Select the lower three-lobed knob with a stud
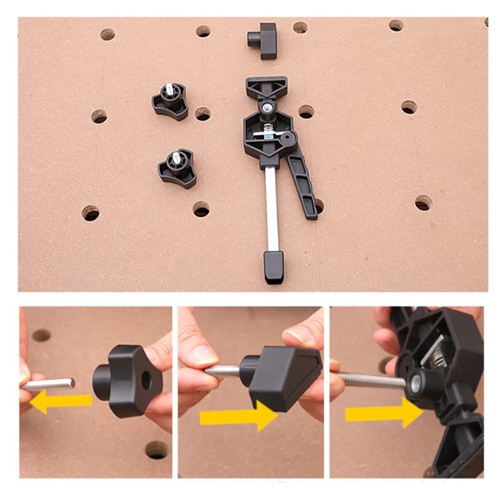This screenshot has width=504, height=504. [177, 168]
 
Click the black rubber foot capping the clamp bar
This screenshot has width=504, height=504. [273, 266]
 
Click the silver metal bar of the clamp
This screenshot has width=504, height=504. [272, 208]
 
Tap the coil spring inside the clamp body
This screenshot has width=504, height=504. [268, 133]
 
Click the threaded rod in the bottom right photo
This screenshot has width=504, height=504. [372, 380]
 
